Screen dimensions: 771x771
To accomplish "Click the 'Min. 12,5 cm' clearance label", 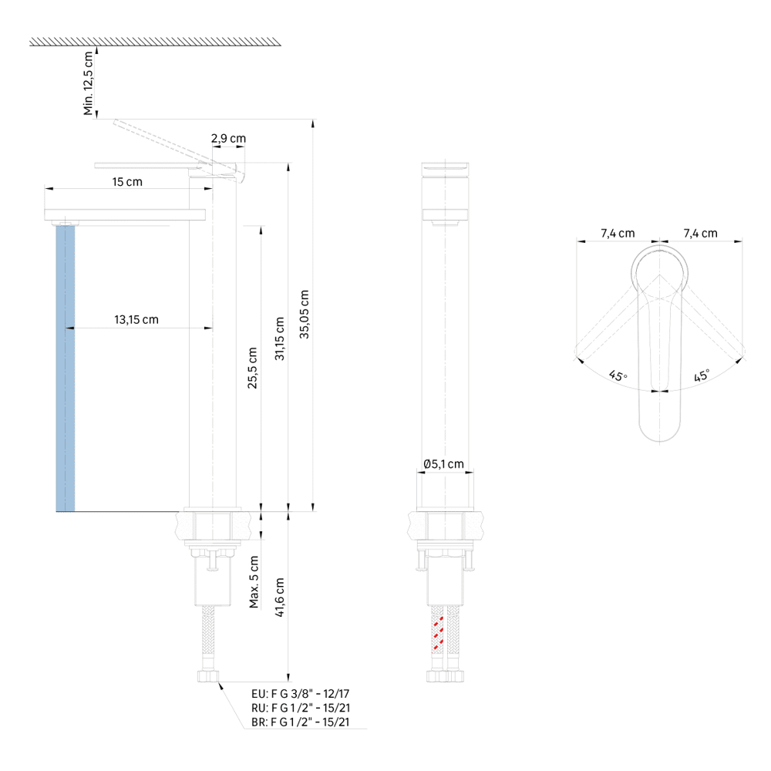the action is pos(89,83).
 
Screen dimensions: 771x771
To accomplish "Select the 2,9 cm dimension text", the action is pos(229,139).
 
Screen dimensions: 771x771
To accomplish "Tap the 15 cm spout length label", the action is pos(127,182).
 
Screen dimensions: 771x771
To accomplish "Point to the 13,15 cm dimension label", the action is pos(136,320).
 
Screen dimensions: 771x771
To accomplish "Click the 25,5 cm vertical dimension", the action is pos(252,368).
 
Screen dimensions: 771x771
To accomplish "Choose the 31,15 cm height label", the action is pos(279,338).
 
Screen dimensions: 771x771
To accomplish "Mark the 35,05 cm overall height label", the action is pos(305,315).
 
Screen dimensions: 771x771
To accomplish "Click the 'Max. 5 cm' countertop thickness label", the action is pos(254,582).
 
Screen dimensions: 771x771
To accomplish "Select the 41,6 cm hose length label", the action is pos(279,598).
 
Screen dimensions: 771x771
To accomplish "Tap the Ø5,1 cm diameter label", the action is pos(443,463).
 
